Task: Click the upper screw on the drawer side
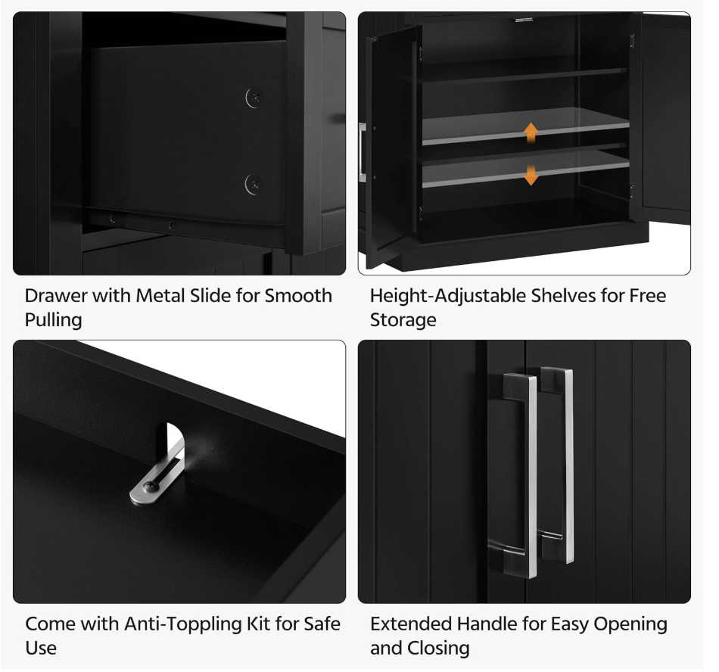click(x=255, y=98)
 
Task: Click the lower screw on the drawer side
click(x=254, y=185)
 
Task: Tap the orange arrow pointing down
click(x=531, y=175)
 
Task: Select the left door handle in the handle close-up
click(x=521, y=475)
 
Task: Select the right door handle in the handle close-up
click(x=558, y=465)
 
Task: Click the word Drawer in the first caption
click(x=56, y=296)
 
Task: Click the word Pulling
click(x=53, y=320)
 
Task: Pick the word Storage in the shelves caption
click(x=403, y=320)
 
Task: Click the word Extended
click(x=411, y=624)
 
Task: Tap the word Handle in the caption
click(x=486, y=624)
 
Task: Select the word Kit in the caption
click(x=259, y=624)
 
